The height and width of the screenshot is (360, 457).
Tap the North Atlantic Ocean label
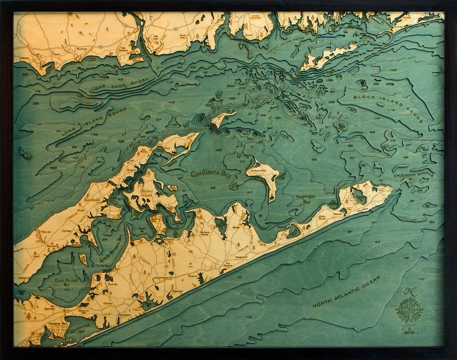(x=347, y=292)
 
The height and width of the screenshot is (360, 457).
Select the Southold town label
(x=91, y=199)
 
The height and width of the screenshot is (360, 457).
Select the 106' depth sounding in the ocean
(x=249, y=317)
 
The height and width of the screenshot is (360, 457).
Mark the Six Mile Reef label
(x=78, y=103)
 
